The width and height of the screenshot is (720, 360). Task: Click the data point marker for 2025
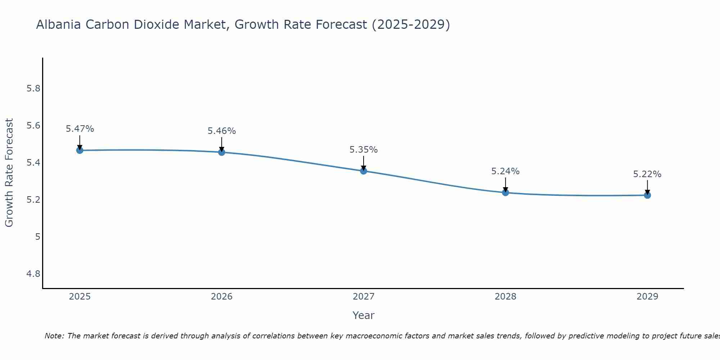pyautogui.click(x=80, y=150)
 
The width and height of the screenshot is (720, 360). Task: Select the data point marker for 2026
pyautogui.click(x=222, y=152)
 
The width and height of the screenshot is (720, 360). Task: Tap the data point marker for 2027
pyautogui.click(x=364, y=171)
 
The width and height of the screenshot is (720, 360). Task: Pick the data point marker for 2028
pyautogui.click(x=505, y=193)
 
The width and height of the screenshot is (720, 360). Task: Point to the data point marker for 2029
pyautogui.click(x=647, y=195)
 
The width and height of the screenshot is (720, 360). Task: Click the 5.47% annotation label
pyautogui.click(x=80, y=129)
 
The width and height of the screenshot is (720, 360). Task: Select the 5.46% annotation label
pyautogui.click(x=222, y=131)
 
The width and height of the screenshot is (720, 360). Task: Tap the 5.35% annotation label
pyautogui.click(x=364, y=150)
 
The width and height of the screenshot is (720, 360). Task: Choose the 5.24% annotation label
pyautogui.click(x=505, y=171)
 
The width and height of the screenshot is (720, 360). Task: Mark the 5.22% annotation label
pyautogui.click(x=647, y=174)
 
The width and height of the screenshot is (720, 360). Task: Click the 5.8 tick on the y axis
pyautogui.click(x=33, y=89)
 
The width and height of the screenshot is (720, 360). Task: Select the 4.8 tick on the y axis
pyautogui.click(x=33, y=274)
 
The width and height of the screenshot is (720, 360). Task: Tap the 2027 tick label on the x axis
pyautogui.click(x=364, y=297)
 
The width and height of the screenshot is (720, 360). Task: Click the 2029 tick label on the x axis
pyautogui.click(x=647, y=297)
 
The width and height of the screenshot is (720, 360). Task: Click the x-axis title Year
pyautogui.click(x=364, y=315)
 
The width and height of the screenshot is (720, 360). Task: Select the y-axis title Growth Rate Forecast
pyautogui.click(x=9, y=173)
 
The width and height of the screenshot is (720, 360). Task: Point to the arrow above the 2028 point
pyautogui.click(x=505, y=184)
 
